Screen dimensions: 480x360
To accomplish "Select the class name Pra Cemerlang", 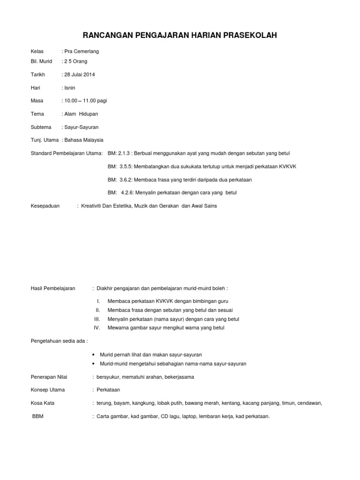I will [x=82, y=51].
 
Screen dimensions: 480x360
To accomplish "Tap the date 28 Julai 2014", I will [x=80, y=74].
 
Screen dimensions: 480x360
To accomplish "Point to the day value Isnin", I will [x=70, y=88].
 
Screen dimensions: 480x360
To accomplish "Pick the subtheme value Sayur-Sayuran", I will [x=81, y=127].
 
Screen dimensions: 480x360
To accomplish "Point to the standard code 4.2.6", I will [x=127, y=193].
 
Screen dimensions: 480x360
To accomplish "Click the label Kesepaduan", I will [x=45, y=206].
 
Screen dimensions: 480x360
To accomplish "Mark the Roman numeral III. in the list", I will [x=97, y=319].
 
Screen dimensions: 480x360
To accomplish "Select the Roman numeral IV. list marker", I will [x=97, y=328].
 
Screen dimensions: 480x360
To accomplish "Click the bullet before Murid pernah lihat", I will [x=95, y=355].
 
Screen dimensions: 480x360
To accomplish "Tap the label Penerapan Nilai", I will [x=48, y=376].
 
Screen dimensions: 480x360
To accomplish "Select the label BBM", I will [x=38, y=416].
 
